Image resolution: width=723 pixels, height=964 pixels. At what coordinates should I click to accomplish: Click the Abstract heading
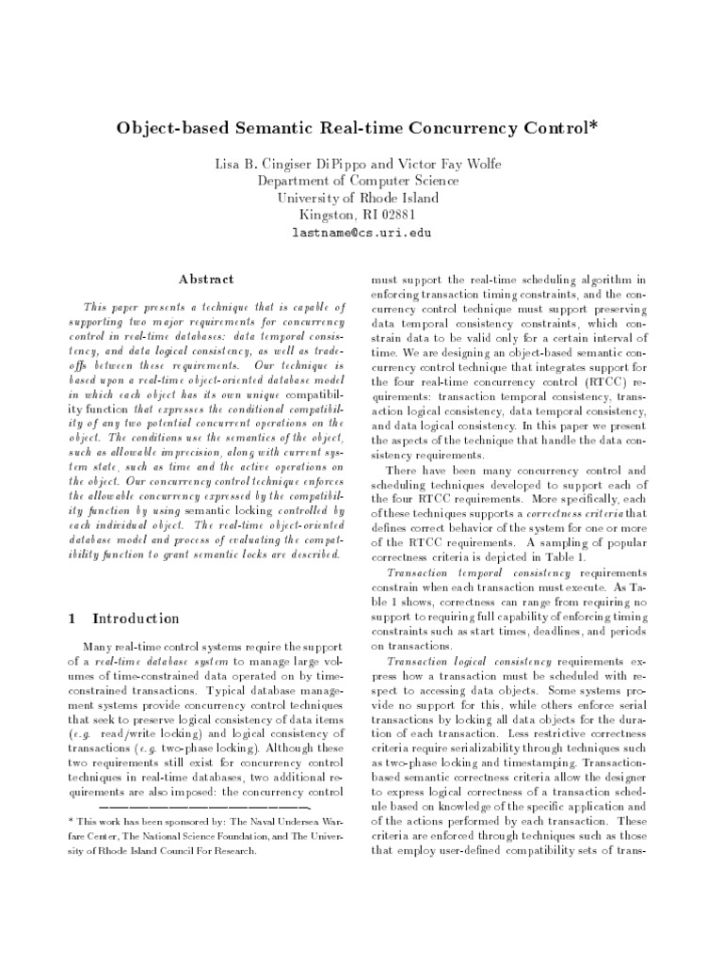point(204,279)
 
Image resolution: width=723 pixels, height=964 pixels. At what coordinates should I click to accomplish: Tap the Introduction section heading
point(136,619)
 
